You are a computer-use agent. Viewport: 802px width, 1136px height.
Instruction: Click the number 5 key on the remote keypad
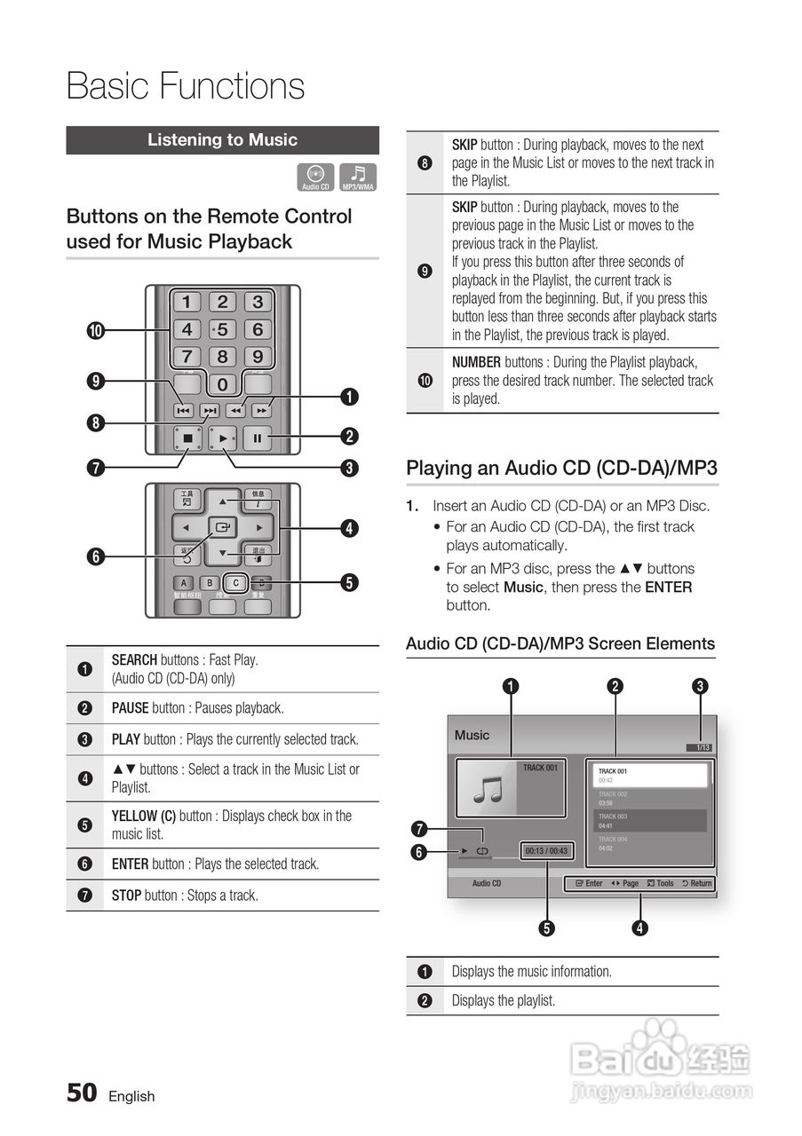222,330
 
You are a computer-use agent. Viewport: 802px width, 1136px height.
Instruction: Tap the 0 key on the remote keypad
222,384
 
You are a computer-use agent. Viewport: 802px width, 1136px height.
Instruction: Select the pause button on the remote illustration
258,438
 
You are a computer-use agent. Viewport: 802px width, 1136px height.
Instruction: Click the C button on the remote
235,583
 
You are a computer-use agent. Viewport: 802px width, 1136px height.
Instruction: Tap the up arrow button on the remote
222,501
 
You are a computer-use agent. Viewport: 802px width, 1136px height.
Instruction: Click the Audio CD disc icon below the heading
315,177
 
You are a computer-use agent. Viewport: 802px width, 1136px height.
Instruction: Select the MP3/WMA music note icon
358,177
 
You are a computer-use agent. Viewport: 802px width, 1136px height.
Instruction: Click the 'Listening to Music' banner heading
222,140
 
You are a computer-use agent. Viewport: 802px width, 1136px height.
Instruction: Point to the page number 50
82,1093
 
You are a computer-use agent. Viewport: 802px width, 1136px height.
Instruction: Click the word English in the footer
131,1097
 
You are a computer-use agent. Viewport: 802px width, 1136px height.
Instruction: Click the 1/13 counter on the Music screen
702,747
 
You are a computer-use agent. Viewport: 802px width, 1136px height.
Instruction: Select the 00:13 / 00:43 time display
546,851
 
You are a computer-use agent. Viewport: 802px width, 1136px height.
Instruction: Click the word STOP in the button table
126,895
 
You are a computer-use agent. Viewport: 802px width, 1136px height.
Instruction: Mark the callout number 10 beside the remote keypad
95,331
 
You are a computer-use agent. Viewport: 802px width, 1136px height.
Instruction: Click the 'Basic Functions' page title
186,87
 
